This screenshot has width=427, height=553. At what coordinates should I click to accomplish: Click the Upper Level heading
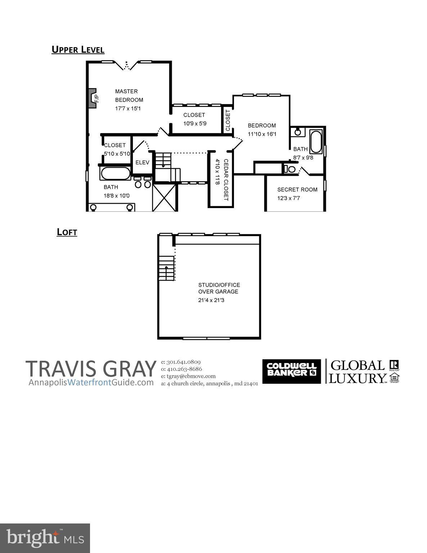(78, 49)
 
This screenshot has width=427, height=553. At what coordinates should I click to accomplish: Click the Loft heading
(67, 232)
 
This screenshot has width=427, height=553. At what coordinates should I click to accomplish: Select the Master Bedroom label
(129, 95)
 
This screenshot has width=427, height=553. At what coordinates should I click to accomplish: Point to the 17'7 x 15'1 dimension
(127, 108)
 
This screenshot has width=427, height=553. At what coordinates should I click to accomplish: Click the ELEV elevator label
(142, 162)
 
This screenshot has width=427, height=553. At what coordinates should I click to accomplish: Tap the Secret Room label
(297, 189)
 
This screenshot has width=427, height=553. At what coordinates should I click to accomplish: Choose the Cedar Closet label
(226, 180)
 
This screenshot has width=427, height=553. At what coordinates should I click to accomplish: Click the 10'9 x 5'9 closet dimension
(194, 123)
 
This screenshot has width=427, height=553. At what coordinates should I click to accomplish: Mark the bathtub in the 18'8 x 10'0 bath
(116, 174)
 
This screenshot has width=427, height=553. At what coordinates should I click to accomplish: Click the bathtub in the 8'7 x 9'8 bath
(316, 142)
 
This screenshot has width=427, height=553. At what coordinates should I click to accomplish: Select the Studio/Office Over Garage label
(219, 288)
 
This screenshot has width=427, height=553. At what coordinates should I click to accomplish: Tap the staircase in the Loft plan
(167, 268)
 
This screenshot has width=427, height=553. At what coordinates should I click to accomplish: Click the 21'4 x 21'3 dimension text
(211, 300)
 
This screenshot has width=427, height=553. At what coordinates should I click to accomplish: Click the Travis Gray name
(91, 369)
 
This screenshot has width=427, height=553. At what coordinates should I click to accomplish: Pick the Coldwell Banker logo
(291, 371)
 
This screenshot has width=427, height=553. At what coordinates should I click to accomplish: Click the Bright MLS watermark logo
(45, 538)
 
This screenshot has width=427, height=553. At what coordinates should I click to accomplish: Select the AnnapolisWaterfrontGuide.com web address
(91, 382)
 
